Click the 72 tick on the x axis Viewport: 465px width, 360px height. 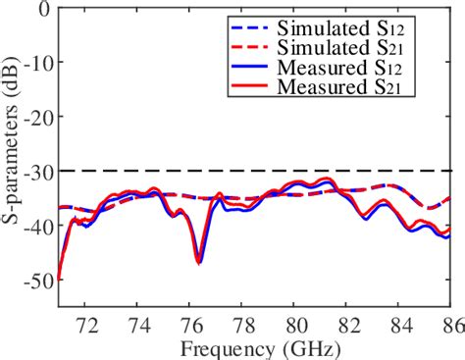point(86,322)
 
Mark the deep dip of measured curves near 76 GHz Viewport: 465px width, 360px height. point(199,261)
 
